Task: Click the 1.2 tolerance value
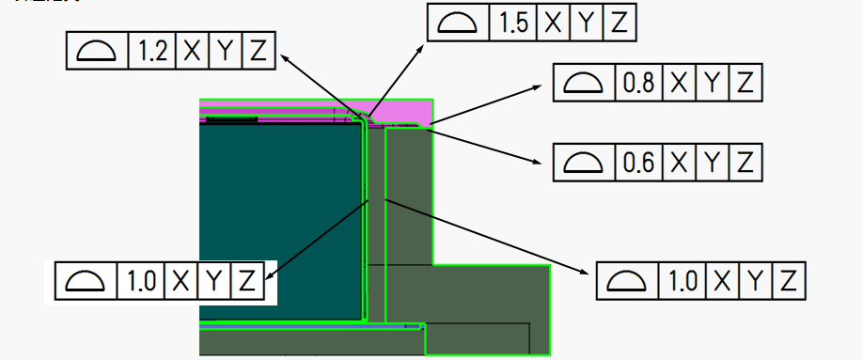[x=151, y=52]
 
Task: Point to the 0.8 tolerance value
[x=638, y=84]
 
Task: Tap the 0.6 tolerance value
[x=638, y=163]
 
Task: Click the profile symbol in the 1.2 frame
[x=97, y=52]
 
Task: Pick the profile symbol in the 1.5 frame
[x=458, y=23]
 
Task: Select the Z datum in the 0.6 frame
[x=745, y=163]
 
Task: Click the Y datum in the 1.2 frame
[x=225, y=52]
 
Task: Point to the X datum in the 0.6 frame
[x=679, y=163]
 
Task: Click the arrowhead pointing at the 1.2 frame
[x=286, y=58]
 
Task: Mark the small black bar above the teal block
[x=231, y=120]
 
